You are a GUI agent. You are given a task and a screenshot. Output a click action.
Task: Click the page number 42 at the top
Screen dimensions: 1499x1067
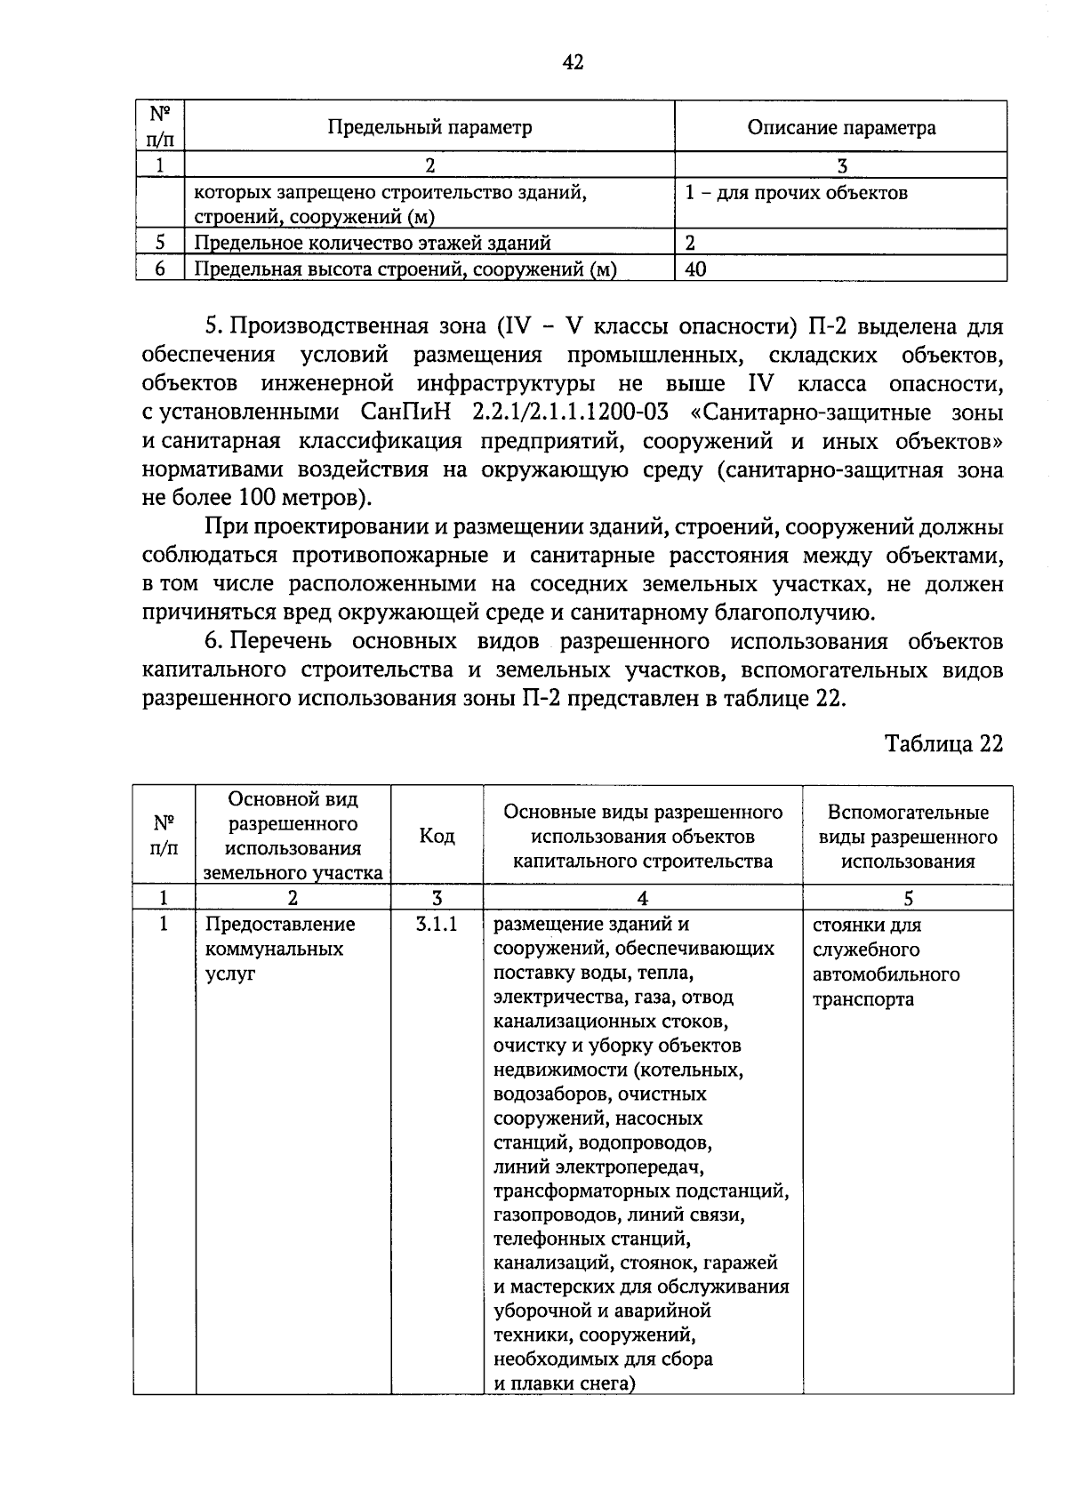point(573,62)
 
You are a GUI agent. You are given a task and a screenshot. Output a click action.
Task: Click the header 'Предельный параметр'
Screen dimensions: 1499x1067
point(429,127)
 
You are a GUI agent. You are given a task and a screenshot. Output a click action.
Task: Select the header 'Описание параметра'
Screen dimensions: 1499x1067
point(840,127)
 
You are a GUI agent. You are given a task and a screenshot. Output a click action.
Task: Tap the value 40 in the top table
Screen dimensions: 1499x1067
point(696,269)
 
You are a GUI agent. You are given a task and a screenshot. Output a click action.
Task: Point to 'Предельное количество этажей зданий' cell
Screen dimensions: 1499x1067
point(373,243)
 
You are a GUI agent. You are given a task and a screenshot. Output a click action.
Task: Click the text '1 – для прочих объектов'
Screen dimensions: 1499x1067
point(796,193)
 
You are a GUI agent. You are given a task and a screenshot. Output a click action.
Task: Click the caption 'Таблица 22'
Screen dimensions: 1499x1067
point(943,743)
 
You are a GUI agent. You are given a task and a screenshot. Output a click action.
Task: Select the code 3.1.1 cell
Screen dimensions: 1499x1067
point(436,924)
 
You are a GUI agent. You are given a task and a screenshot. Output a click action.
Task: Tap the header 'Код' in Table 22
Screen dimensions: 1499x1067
point(437,837)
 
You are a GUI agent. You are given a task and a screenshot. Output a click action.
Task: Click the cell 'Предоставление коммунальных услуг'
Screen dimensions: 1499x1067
point(279,949)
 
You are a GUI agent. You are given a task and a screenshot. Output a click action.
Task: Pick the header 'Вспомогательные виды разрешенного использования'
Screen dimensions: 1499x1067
point(907,837)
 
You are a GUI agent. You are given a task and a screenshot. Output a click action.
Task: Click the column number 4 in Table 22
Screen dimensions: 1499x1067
point(642,898)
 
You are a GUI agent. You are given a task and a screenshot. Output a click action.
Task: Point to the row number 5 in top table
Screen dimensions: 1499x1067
point(160,243)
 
